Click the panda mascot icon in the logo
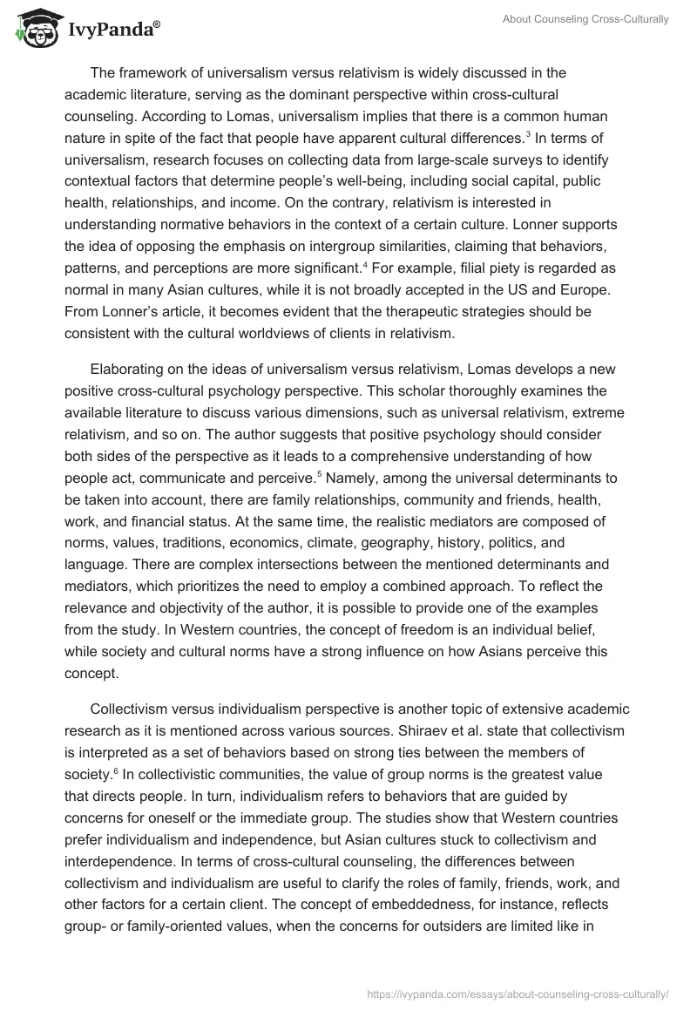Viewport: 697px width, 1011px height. pyautogui.click(x=34, y=29)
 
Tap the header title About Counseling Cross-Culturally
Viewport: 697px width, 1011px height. pyautogui.click(x=586, y=19)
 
